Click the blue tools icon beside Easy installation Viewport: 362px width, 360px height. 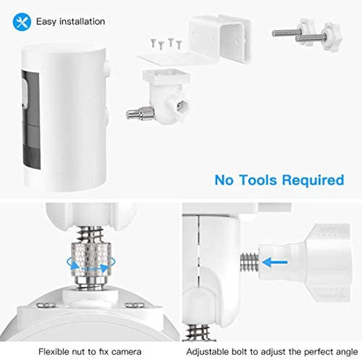(x=21, y=21)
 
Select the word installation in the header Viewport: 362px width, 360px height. (x=82, y=22)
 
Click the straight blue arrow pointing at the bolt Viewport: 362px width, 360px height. (x=275, y=259)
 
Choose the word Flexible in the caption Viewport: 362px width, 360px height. (x=55, y=351)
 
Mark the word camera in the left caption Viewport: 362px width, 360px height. (x=123, y=351)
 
